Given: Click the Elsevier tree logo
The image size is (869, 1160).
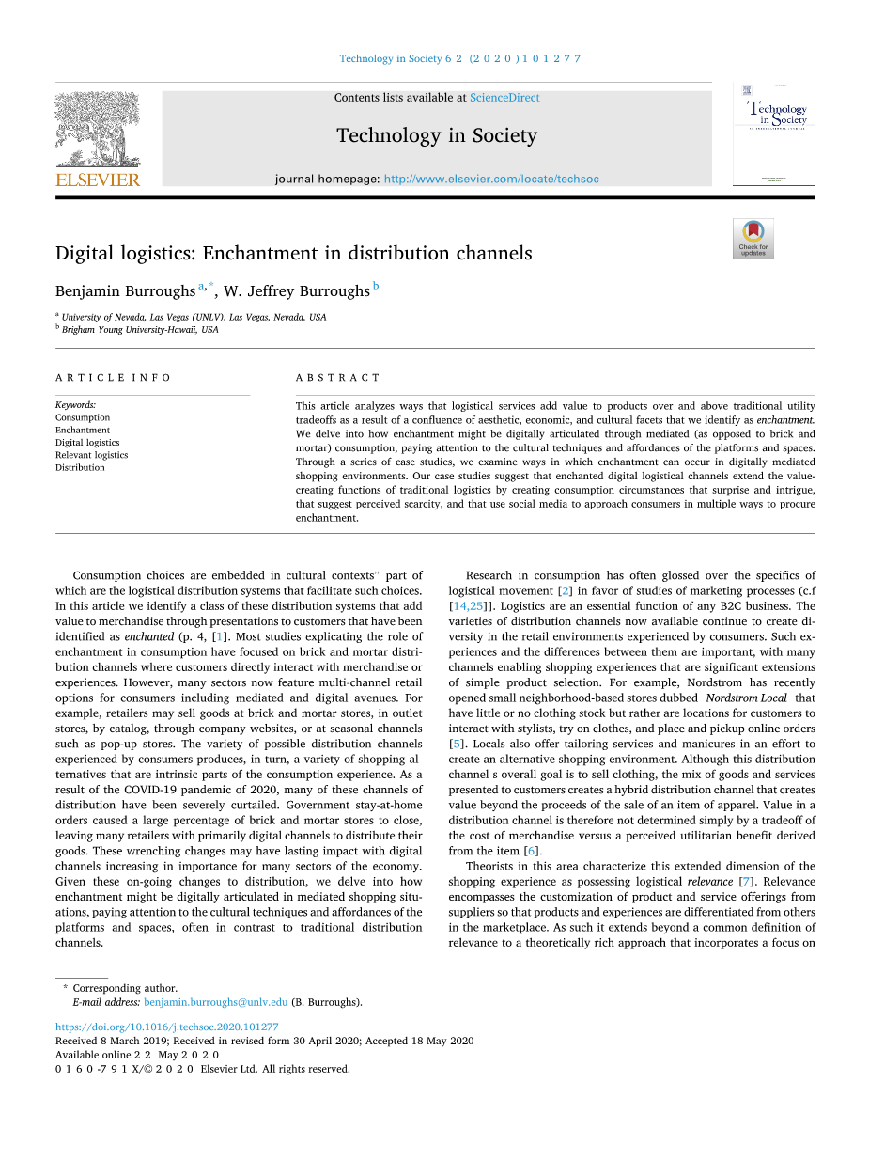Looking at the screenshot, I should [x=98, y=137].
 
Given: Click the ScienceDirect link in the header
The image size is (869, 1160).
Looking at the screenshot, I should [x=504, y=98].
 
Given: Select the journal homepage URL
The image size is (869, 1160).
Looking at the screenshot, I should [x=491, y=179].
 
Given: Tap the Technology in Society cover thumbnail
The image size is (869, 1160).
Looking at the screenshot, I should [x=774, y=133].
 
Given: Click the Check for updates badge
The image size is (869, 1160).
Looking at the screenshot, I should [x=753, y=239].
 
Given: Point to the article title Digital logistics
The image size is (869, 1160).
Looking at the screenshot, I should [x=293, y=253].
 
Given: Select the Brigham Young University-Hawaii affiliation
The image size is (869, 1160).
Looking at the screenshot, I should [x=139, y=330].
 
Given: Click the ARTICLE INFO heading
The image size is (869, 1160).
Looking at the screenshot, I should [x=113, y=378].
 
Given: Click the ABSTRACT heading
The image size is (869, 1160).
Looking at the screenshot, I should [x=338, y=378].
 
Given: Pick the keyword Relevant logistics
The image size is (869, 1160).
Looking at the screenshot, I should [x=91, y=455].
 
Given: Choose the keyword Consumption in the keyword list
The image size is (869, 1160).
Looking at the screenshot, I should [x=83, y=417].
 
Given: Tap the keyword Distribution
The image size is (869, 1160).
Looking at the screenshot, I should [x=80, y=467].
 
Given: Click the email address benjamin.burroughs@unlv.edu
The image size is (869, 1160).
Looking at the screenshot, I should [x=215, y=1002].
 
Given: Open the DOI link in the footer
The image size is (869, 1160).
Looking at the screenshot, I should [x=166, y=1027].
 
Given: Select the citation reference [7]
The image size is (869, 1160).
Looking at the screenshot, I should [x=745, y=882].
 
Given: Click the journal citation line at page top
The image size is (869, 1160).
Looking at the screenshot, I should [x=459, y=58].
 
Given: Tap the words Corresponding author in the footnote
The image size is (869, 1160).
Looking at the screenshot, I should [x=125, y=988].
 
